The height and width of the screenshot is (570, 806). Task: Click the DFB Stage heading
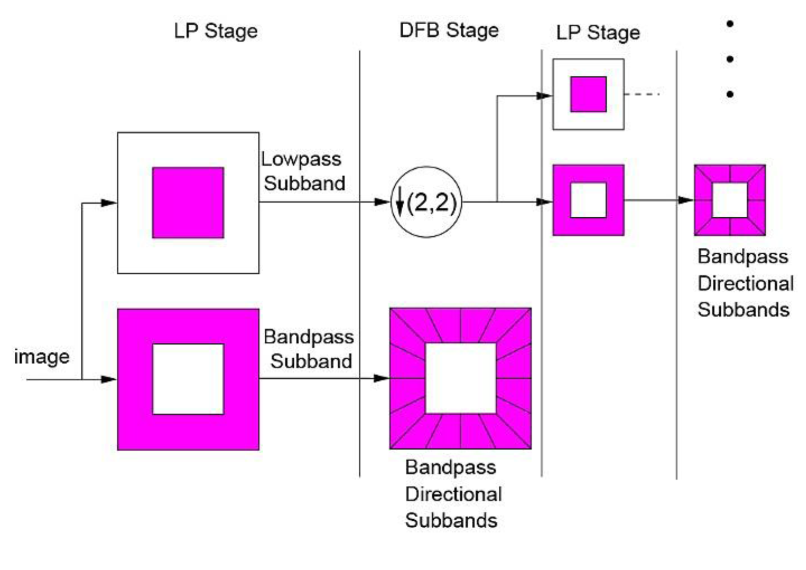tap(449, 31)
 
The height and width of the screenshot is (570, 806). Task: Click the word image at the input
tap(41, 357)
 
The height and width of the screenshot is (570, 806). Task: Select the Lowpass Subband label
tap(303, 171)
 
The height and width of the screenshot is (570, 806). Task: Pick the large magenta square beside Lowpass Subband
tap(188, 202)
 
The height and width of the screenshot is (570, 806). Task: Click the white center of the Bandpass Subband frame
tap(188, 379)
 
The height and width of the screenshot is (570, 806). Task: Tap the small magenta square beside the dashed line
tap(588, 94)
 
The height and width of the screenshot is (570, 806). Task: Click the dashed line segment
tap(642, 94)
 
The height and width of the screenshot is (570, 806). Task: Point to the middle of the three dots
tap(730, 59)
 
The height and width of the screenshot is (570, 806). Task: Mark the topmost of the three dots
tap(730, 24)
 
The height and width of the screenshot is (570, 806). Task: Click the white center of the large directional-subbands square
tap(460, 378)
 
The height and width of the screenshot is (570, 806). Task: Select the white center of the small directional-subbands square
tap(730, 200)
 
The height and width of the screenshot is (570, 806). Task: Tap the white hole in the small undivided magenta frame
tap(588, 200)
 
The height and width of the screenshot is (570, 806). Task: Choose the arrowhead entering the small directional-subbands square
tap(686, 200)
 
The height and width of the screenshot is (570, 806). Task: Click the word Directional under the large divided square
tap(453, 494)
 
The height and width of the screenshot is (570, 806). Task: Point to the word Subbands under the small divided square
tap(743, 310)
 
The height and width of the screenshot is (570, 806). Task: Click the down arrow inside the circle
tap(400, 201)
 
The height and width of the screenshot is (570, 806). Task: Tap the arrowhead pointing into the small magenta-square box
tap(544, 96)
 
